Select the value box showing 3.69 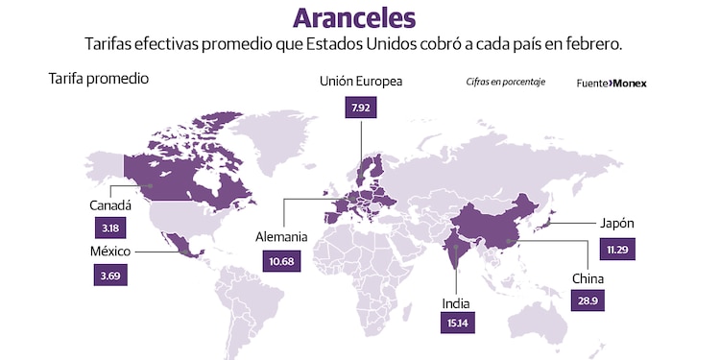tap(110, 275)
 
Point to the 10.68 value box tap(280, 260)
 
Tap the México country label tap(109, 252)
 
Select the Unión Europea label tap(361, 82)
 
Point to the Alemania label tap(281, 237)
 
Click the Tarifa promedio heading tap(98, 79)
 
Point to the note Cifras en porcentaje tap(506, 82)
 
